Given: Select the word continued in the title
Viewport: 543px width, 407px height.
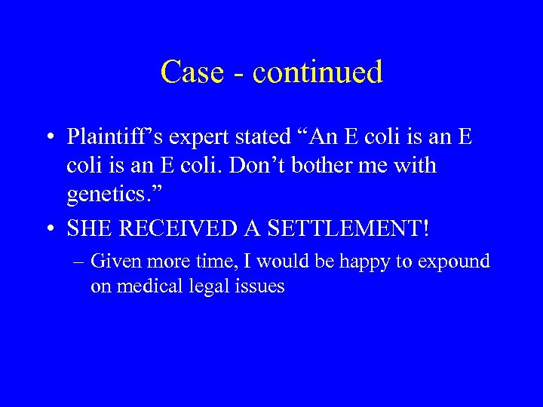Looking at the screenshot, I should [318, 72].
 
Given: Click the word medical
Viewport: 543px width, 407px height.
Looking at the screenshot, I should [152, 286].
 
